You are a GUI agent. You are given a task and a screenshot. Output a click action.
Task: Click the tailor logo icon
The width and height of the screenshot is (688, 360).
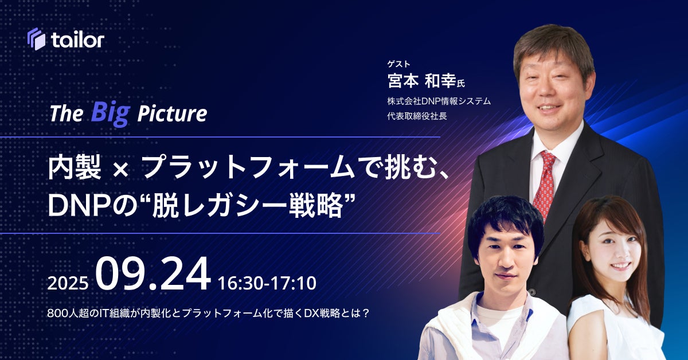click(37, 39)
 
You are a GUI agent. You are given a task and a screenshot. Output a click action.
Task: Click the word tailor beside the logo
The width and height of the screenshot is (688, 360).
click(78, 40)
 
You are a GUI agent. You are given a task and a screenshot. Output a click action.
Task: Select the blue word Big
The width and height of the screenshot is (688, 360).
click(111, 113)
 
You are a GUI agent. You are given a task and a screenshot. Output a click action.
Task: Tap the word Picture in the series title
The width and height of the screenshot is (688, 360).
click(172, 114)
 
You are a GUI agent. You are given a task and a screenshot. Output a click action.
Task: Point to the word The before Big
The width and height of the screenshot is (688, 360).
click(67, 114)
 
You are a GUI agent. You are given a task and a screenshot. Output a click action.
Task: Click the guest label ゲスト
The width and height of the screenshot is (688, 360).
click(398, 64)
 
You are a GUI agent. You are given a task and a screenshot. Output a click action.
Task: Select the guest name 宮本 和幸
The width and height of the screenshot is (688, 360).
click(422, 80)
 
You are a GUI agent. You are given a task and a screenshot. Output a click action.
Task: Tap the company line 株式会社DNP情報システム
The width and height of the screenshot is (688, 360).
click(439, 101)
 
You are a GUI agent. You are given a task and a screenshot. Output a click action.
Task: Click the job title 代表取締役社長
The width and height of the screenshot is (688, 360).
click(417, 116)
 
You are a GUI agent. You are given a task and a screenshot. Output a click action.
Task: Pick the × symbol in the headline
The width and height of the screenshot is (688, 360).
click(120, 170)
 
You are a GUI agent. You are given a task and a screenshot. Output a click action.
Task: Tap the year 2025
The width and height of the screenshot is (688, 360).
click(68, 283)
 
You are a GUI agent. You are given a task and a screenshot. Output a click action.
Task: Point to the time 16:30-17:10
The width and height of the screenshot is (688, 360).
click(267, 283)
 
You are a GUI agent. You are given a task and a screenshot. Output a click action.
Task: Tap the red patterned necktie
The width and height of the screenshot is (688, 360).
click(545, 185)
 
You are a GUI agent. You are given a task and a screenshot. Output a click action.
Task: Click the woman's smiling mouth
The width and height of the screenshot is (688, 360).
click(620, 265)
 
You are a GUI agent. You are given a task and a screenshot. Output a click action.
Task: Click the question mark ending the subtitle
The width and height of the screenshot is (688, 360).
click(365, 314)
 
